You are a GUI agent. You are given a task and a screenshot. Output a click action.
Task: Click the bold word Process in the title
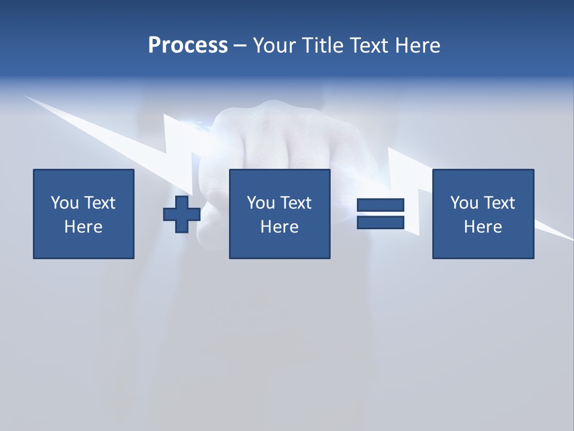tap(188, 45)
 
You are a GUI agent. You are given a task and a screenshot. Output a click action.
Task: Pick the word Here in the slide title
tap(417, 45)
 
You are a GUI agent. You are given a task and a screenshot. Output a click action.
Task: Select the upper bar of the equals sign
tap(381, 205)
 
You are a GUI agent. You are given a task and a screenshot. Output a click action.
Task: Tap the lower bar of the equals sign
tap(381, 222)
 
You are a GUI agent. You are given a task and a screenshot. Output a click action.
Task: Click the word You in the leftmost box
tap(65, 203)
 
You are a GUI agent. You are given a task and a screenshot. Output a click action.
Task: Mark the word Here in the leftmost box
tap(83, 227)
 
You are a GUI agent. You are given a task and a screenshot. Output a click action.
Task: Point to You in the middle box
tap(261, 203)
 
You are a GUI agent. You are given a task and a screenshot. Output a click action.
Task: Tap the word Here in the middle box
tap(279, 227)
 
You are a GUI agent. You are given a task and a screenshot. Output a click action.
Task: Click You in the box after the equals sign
tap(464, 203)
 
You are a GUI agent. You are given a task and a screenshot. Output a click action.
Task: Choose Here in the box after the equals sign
tap(483, 227)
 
